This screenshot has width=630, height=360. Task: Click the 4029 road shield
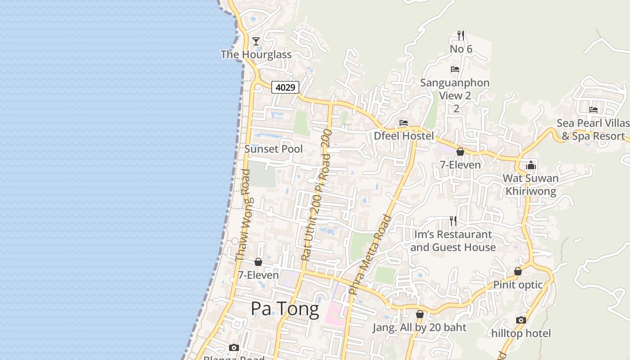click(x=285, y=87)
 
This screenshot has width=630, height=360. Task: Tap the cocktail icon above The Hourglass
click(x=256, y=41)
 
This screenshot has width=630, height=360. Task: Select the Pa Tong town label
click(x=284, y=309)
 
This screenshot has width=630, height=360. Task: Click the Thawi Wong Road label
click(x=243, y=215)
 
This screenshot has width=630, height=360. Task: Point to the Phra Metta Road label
click(x=370, y=255)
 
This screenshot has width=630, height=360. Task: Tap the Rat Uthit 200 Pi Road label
click(x=315, y=195)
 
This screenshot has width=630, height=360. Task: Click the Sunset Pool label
click(x=274, y=149)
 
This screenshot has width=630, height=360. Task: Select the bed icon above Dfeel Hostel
click(x=404, y=123)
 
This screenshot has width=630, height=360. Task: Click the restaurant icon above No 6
click(x=461, y=35)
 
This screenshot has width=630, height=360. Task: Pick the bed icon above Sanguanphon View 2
click(x=455, y=69)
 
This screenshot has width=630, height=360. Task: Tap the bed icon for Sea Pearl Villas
click(x=594, y=109)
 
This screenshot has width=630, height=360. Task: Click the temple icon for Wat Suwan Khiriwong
click(x=531, y=165)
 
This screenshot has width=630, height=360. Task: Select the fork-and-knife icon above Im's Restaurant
click(x=453, y=221)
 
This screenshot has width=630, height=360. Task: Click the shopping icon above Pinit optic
click(x=518, y=271)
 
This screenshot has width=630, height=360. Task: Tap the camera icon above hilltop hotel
click(x=521, y=320)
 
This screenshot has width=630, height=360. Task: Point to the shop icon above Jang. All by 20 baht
click(x=420, y=314)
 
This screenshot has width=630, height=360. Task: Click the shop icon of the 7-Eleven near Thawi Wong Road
click(x=258, y=262)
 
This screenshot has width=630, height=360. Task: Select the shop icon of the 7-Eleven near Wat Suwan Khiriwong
click(x=460, y=152)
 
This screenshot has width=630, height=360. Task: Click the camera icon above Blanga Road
click(x=234, y=347)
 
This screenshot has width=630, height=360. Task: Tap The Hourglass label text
click(x=256, y=54)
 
